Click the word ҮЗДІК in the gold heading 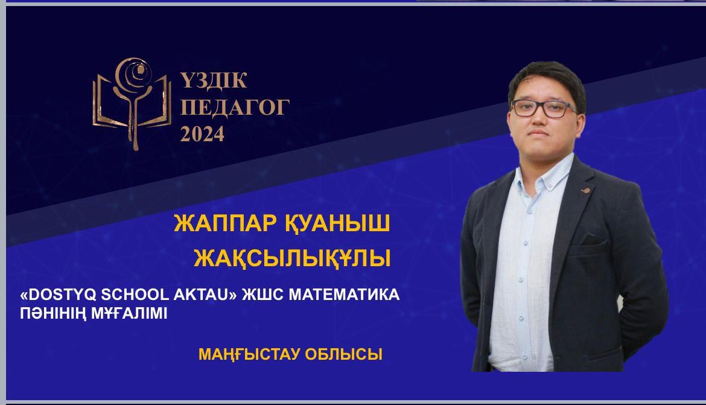(214, 80)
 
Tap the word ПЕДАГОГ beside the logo (235, 107)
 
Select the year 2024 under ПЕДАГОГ (202, 134)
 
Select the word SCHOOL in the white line (133, 295)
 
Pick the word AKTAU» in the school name (203, 295)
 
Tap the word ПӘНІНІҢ (54, 313)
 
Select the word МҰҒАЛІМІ (129, 313)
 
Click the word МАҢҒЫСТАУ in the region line (249, 354)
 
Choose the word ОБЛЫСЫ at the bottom (343, 354)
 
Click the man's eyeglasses (544, 109)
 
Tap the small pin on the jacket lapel (585, 191)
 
